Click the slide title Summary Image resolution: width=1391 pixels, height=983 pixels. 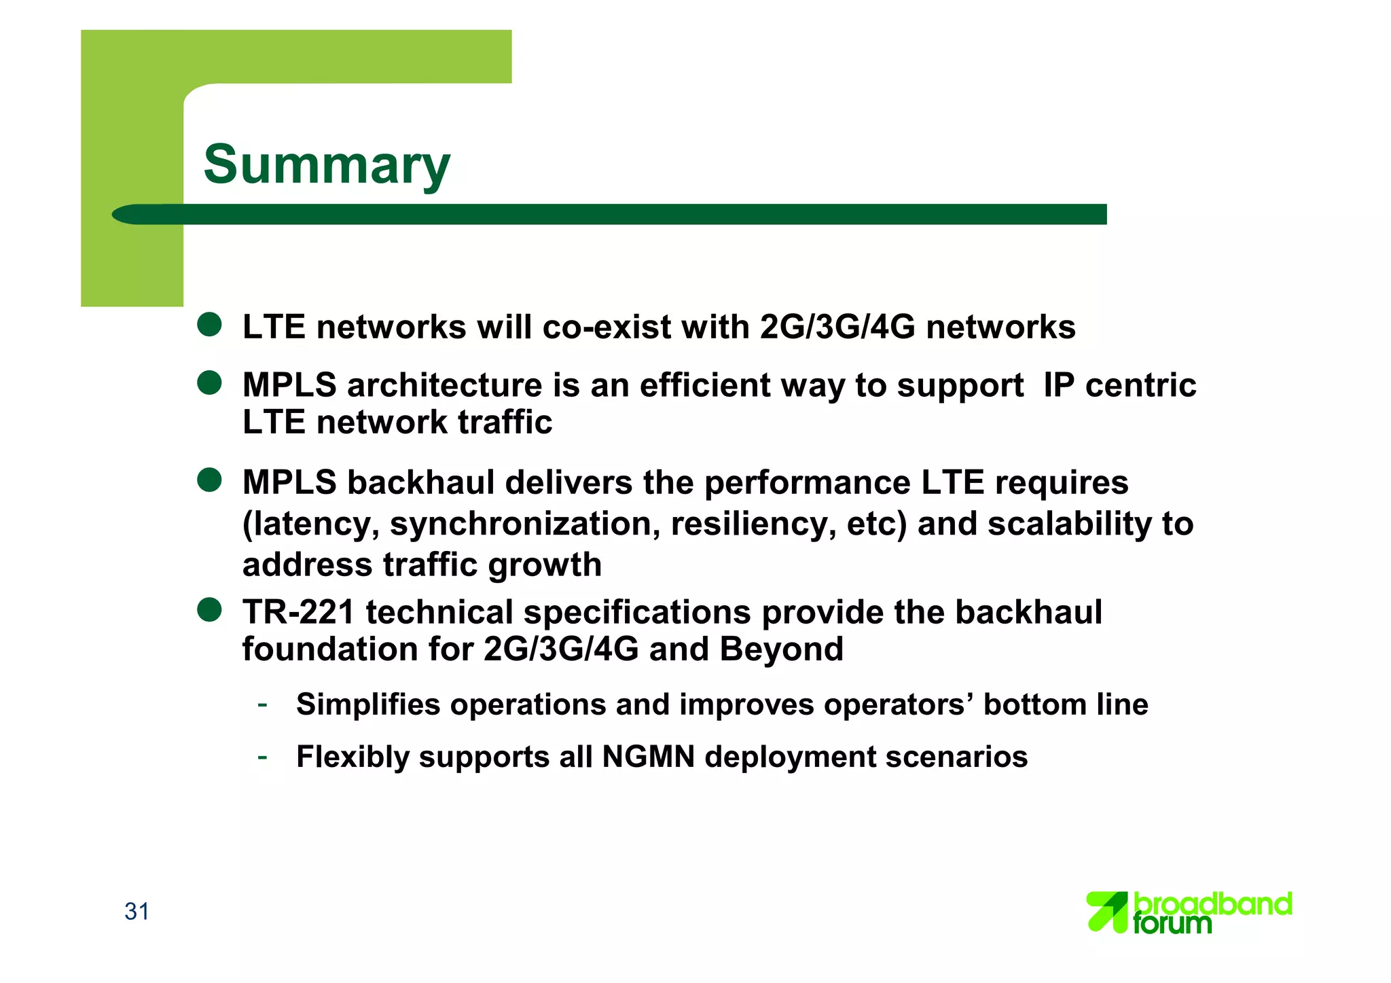[x=326, y=165]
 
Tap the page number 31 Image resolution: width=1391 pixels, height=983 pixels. [x=137, y=911]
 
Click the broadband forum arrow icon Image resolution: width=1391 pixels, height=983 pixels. [x=1106, y=912]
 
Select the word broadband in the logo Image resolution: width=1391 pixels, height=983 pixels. [x=1213, y=904]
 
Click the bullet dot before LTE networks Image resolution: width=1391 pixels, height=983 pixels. [x=209, y=325]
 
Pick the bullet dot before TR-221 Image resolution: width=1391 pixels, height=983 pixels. [x=209, y=609]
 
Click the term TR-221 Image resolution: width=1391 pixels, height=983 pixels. [x=298, y=612]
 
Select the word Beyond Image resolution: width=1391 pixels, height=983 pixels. [x=781, y=649]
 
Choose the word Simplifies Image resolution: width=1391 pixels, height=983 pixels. [x=368, y=704]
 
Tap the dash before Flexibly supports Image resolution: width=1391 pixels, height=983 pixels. [x=262, y=756]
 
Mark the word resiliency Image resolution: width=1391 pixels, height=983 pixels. [x=753, y=524]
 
